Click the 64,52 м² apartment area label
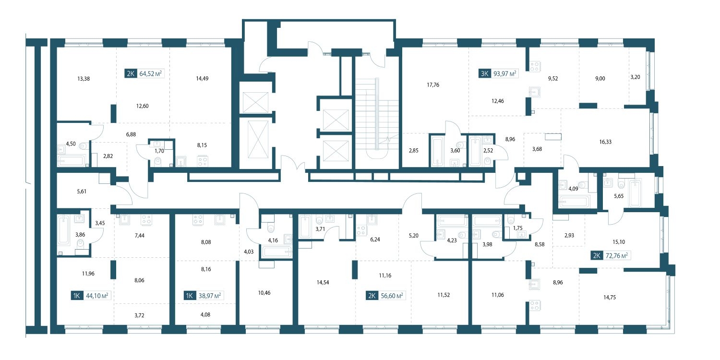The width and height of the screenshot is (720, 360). click(150, 73)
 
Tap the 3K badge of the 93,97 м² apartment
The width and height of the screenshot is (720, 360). click(484, 73)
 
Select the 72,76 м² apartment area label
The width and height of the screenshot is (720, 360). click(616, 255)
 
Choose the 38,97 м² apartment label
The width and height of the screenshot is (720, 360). click(204, 295)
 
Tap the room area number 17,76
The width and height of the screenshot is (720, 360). click(433, 85)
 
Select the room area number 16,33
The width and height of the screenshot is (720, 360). click(605, 142)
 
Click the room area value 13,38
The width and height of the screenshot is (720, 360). click(84, 79)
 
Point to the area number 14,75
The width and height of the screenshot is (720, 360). click(610, 298)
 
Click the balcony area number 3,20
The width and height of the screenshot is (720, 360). click(635, 77)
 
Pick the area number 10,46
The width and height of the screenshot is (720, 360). click(264, 293)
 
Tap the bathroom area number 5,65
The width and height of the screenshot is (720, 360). click(619, 196)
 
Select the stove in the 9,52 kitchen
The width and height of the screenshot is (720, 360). click(535, 67)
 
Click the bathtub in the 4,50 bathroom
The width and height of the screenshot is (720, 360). click(72, 161)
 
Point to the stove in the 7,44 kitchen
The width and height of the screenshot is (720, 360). click(146, 220)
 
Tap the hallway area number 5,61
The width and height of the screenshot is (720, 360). click(82, 192)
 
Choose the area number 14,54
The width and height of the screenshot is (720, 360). click(323, 283)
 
